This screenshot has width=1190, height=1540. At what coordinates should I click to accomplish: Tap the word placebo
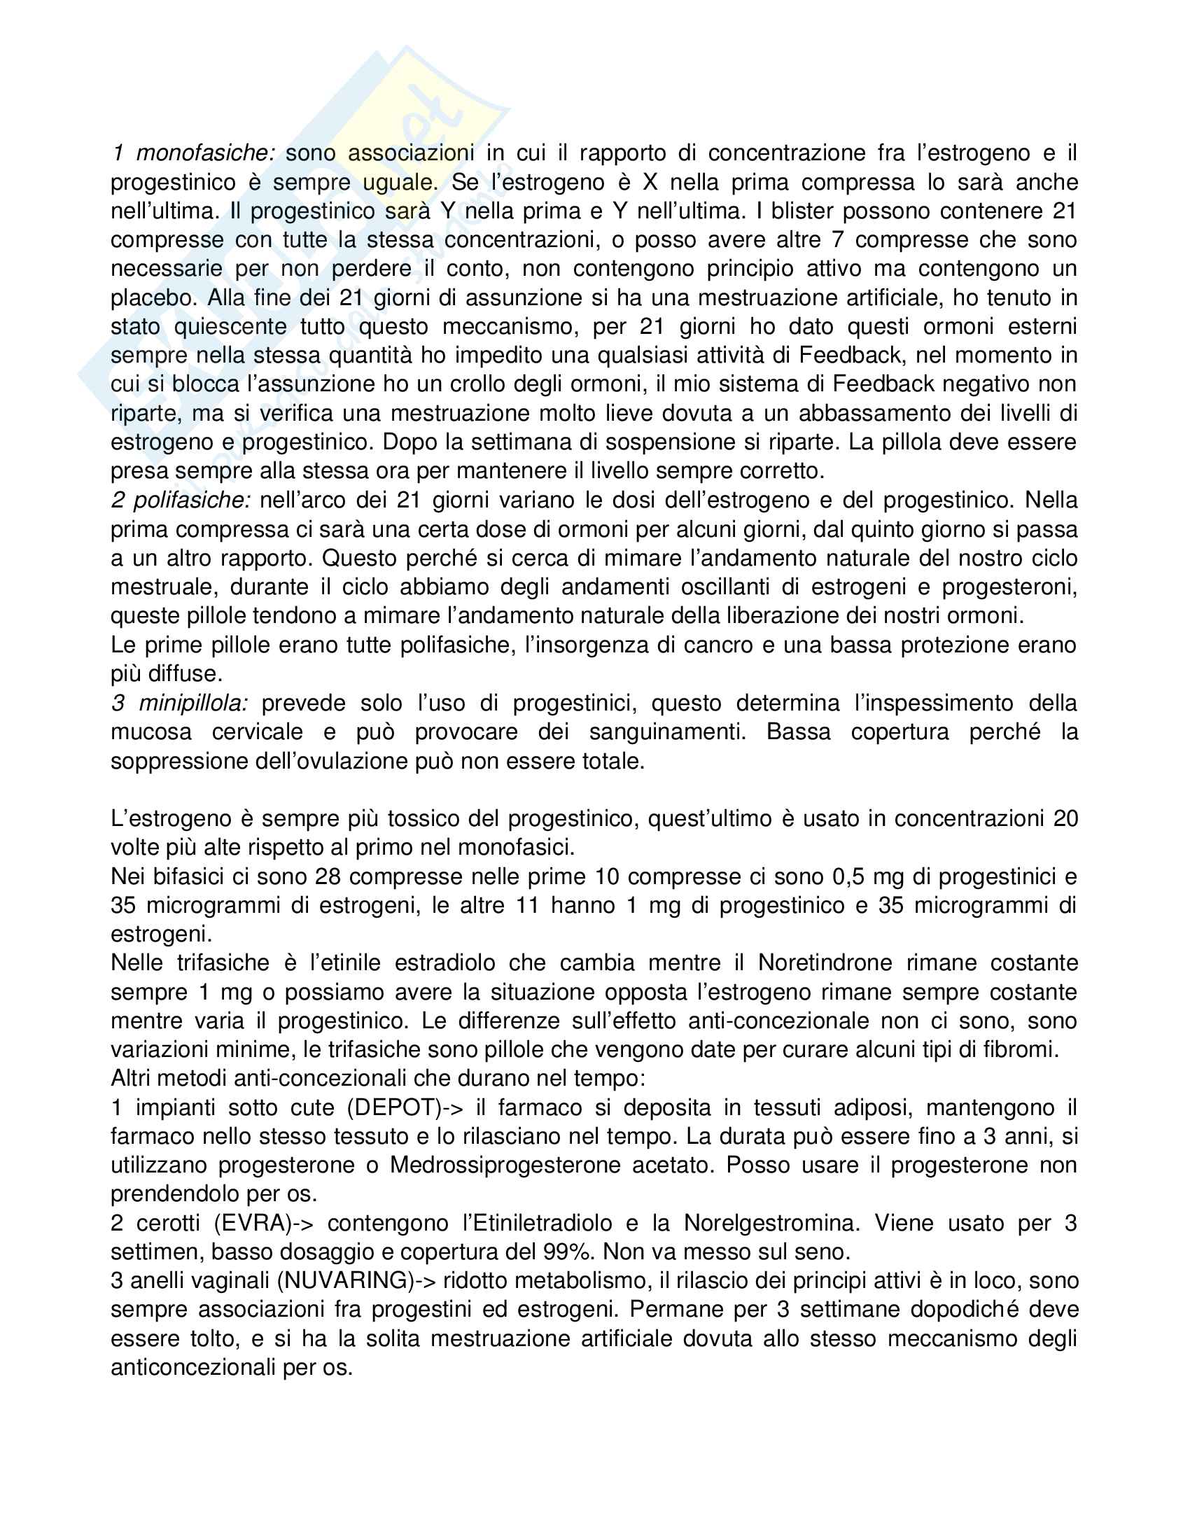[x=151, y=297]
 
